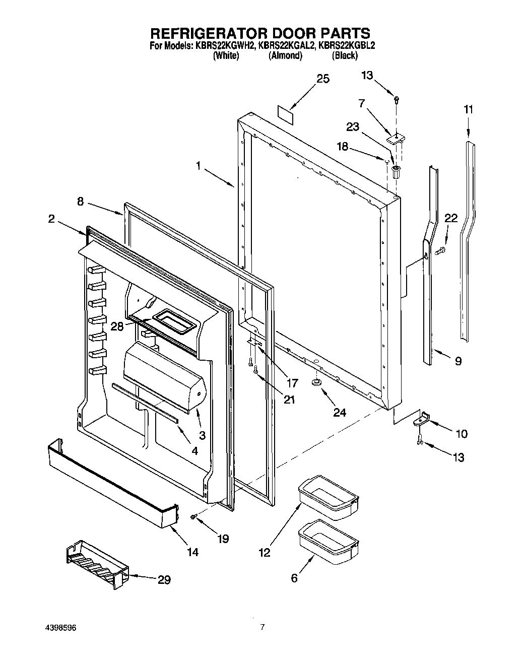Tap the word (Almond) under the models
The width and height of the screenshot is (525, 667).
(286, 56)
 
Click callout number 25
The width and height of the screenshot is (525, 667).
(322, 79)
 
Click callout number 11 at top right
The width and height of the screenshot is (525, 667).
(469, 109)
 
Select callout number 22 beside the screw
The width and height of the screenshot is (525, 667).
(451, 218)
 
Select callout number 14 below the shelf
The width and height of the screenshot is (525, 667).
(192, 552)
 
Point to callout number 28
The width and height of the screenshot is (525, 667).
(117, 326)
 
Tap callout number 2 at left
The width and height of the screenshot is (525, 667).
(52, 219)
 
